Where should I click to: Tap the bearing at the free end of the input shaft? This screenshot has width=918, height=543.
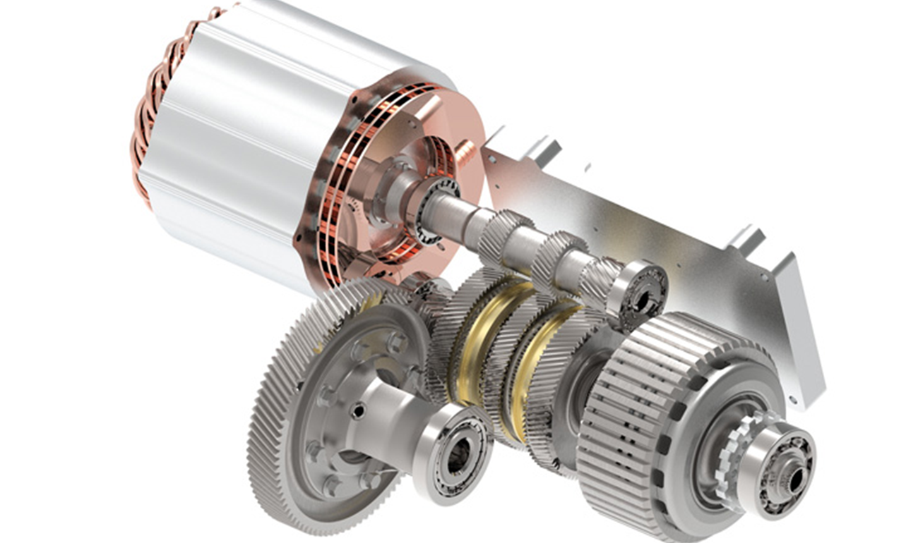click(x=639, y=293)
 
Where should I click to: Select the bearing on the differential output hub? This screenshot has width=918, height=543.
click(x=452, y=451)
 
